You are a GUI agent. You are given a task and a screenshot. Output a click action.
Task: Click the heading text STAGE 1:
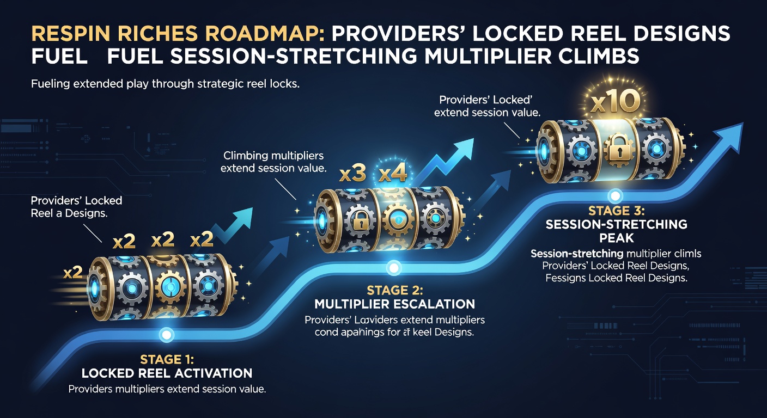tap(167, 359)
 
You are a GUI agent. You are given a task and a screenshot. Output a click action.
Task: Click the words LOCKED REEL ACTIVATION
tap(167, 373)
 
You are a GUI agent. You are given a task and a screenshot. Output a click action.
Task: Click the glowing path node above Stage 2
tap(393, 268)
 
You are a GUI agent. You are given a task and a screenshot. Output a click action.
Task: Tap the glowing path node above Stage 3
tap(616, 194)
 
